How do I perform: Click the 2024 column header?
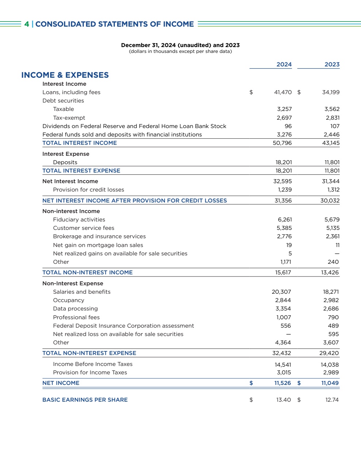tap(284, 65)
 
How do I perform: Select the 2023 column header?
tap(332, 65)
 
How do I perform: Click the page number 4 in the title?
tap(27, 24)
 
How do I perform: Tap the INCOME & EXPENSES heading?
tap(65, 75)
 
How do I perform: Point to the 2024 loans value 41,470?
tap(283, 92)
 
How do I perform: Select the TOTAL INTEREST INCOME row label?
tap(80, 143)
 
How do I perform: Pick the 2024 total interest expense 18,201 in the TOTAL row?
tap(284, 171)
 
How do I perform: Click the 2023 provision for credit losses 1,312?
tap(333, 190)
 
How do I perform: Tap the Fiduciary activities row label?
tap(79, 220)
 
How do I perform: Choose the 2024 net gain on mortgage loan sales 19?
tap(289, 245)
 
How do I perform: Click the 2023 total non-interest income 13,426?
tap(330, 273)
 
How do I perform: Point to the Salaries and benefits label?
tap(82, 292)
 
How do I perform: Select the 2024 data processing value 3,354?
tap(283, 309)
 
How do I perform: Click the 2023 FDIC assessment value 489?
tap(333, 326)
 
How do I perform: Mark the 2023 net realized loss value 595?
tap(333, 334)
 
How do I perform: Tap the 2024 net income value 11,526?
tap(283, 383)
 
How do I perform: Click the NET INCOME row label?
tap(61, 383)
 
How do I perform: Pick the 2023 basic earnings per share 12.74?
tap(332, 400)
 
